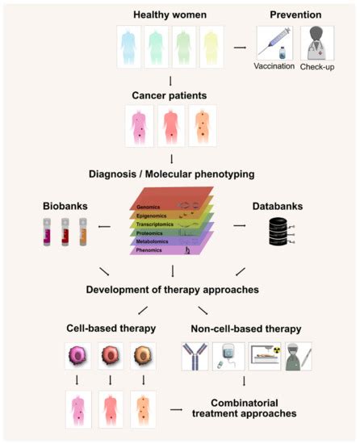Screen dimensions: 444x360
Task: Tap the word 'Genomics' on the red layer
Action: (x=147, y=207)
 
